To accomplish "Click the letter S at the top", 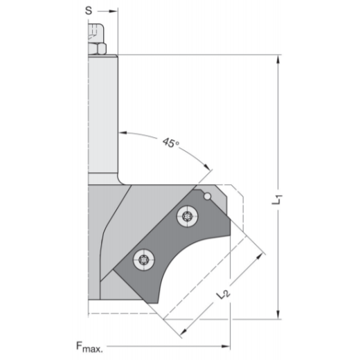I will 88,10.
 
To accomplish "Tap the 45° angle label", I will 170,143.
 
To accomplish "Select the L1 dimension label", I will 277,201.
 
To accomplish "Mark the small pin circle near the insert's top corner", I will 207,197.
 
